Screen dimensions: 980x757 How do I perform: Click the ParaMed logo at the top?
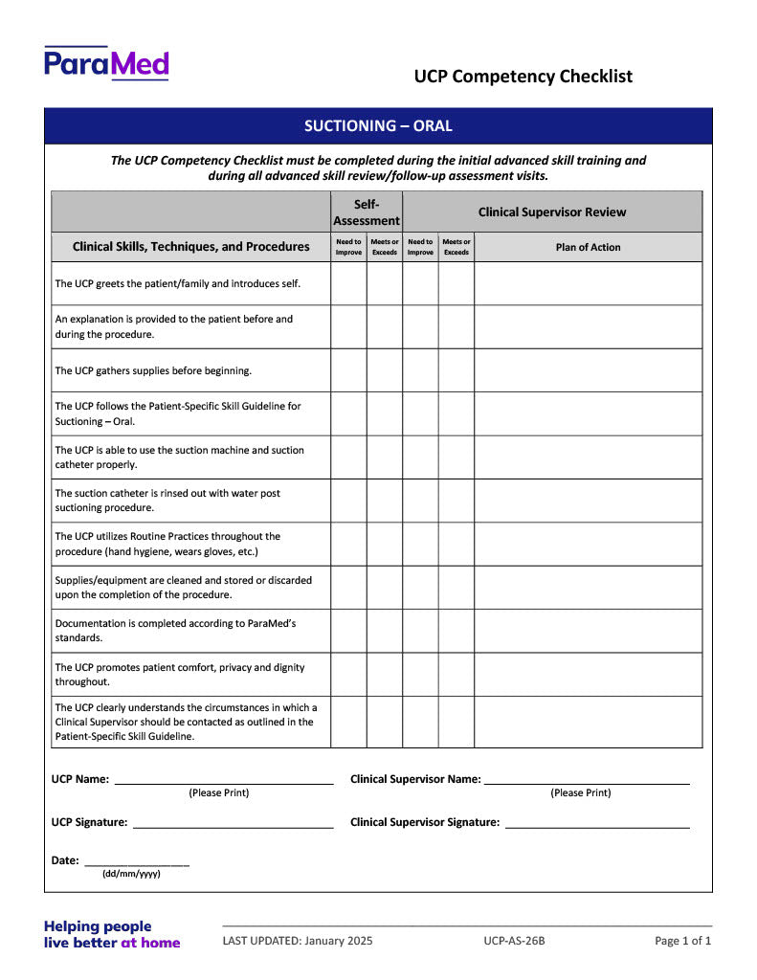(106, 63)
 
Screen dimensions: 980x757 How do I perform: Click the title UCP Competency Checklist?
(523, 77)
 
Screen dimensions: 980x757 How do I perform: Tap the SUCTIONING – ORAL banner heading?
(378, 125)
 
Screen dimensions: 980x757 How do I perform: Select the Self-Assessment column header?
(367, 212)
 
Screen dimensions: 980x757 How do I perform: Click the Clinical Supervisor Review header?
(552, 212)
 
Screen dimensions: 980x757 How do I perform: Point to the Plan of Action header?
(588, 247)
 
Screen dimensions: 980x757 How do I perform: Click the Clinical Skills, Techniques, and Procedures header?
(191, 247)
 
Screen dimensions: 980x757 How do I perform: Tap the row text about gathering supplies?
(153, 370)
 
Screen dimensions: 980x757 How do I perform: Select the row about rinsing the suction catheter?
(167, 501)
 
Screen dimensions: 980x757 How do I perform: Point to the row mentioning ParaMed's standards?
(175, 631)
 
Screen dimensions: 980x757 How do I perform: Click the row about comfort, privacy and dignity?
(180, 675)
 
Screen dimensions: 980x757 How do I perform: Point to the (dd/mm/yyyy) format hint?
(131, 874)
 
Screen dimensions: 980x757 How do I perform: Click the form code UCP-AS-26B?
(514, 941)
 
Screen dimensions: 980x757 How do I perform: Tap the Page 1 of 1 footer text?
(682, 941)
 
